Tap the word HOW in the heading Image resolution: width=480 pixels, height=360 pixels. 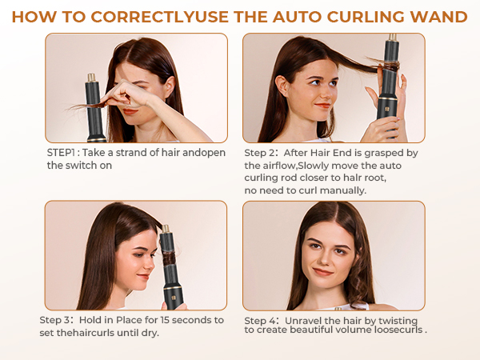[34, 16]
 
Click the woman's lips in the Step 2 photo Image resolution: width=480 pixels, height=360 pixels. [322, 105]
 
